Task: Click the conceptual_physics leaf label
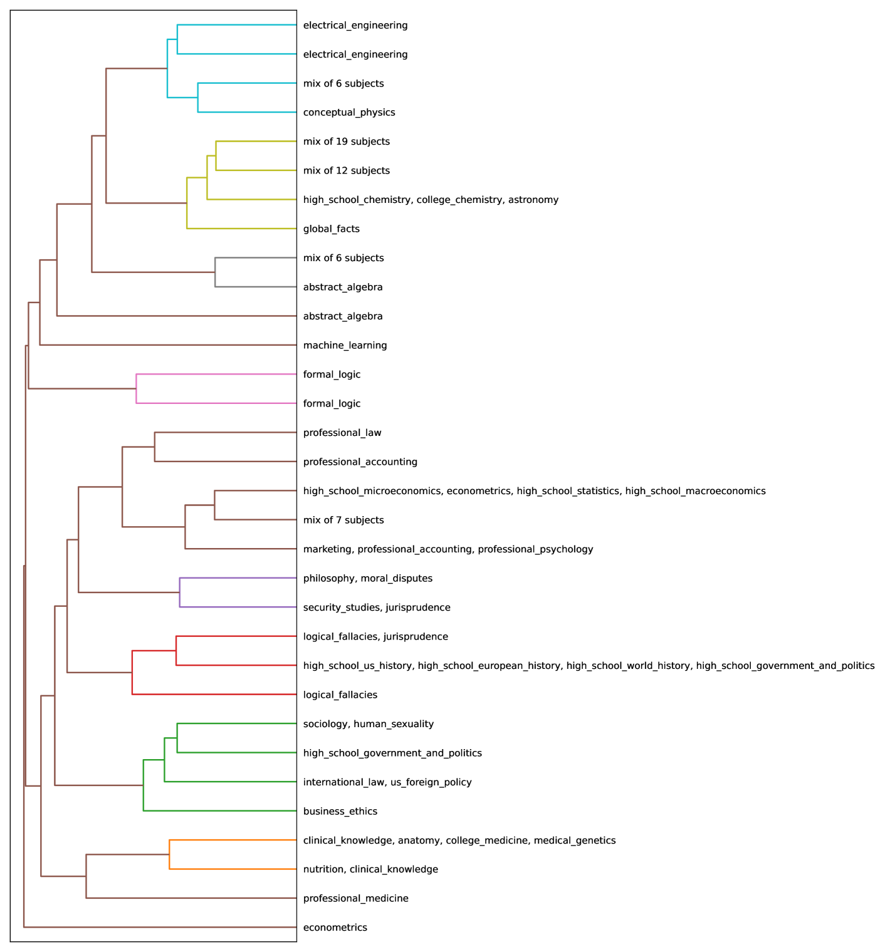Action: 348,113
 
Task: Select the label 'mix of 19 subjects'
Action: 346,142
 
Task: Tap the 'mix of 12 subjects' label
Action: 346,171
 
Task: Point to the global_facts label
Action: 331,229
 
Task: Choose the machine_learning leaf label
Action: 345,346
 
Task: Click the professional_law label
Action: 342,433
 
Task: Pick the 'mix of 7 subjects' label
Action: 343,520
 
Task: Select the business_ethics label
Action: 340,812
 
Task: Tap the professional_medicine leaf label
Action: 355,899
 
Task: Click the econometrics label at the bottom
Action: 335,928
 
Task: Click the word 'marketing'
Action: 327,549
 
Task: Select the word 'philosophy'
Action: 328,579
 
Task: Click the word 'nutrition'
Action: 323,869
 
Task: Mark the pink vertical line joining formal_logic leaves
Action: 137,389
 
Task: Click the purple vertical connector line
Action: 180,592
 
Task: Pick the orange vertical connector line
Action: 169,854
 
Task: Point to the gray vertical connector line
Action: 215,272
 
